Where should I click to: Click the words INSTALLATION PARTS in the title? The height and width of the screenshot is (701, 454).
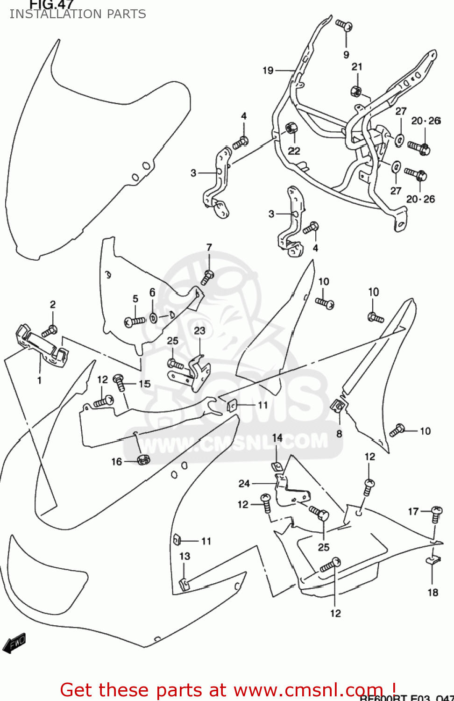pyautogui.click(x=78, y=14)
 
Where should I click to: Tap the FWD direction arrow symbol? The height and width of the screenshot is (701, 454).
pyautogui.click(x=14, y=643)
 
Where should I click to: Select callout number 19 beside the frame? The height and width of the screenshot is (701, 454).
pyautogui.click(x=268, y=71)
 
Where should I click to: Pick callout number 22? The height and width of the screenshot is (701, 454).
pyautogui.click(x=294, y=151)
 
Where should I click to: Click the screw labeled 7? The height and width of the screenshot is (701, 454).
pyautogui.click(x=207, y=277)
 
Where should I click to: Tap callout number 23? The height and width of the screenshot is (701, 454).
pyautogui.click(x=199, y=330)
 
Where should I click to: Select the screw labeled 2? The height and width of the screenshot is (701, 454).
pyautogui.click(x=49, y=331)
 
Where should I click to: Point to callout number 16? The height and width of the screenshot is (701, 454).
pyautogui.click(x=116, y=462)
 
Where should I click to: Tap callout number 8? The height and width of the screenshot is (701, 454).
pyautogui.click(x=339, y=434)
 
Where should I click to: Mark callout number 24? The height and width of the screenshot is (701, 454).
pyautogui.click(x=244, y=483)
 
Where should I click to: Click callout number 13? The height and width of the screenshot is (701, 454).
pyautogui.click(x=185, y=556)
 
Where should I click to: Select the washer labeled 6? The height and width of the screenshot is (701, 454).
pyautogui.click(x=153, y=318)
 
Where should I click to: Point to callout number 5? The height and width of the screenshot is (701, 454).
pyautogui.click(x=135, y=299)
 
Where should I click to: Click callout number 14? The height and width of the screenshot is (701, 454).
pyautogui.click(x=277, y=437)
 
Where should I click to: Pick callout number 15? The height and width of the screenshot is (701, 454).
pyautogui.click(x=145, y=384)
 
